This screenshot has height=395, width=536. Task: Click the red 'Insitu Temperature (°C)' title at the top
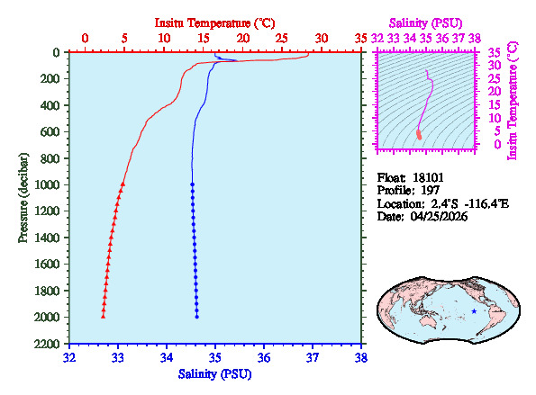click(214, 21)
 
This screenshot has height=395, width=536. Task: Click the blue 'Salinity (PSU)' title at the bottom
click(214, 373)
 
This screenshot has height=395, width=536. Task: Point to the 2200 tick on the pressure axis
click(50, 345)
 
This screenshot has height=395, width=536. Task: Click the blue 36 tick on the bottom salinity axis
click(264, 357)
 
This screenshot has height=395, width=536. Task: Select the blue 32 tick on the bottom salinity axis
click(70, 357)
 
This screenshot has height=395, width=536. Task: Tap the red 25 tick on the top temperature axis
click(282, 38)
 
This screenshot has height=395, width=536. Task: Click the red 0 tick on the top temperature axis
click(85, 38)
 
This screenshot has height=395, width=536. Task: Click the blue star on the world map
click(474, 311)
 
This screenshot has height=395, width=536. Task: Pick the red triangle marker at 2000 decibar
click(103, 317)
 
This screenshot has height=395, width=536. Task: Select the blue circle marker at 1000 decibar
click(192, 184)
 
